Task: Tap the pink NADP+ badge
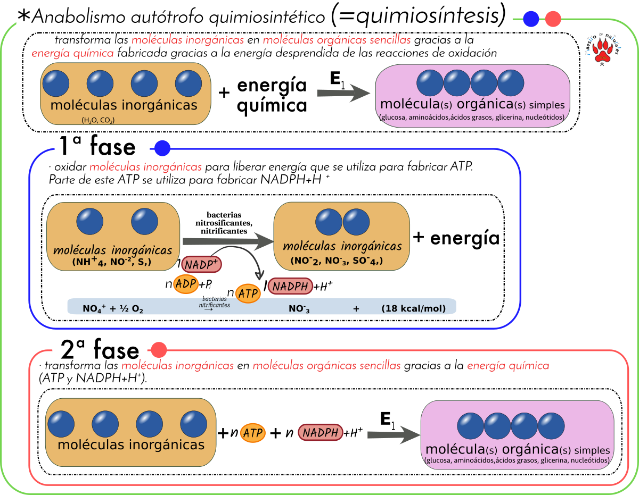pos(201,264)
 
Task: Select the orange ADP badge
pos(186,283)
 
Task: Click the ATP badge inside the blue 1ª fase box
pos(248,293)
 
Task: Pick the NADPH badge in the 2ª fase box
pos(320,432)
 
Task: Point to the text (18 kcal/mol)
pos(413,308)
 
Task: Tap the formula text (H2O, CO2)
pos(98,120)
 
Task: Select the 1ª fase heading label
pos(102,146)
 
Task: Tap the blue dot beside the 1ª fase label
pos(162,148)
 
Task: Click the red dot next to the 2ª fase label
pos(159,350)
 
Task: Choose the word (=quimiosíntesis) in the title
pos(418,16)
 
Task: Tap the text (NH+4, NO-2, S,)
pos(112,262)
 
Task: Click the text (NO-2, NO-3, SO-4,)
pos(337,261)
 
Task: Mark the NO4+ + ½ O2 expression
pos(113,308)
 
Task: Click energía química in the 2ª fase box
pos(508,366)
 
